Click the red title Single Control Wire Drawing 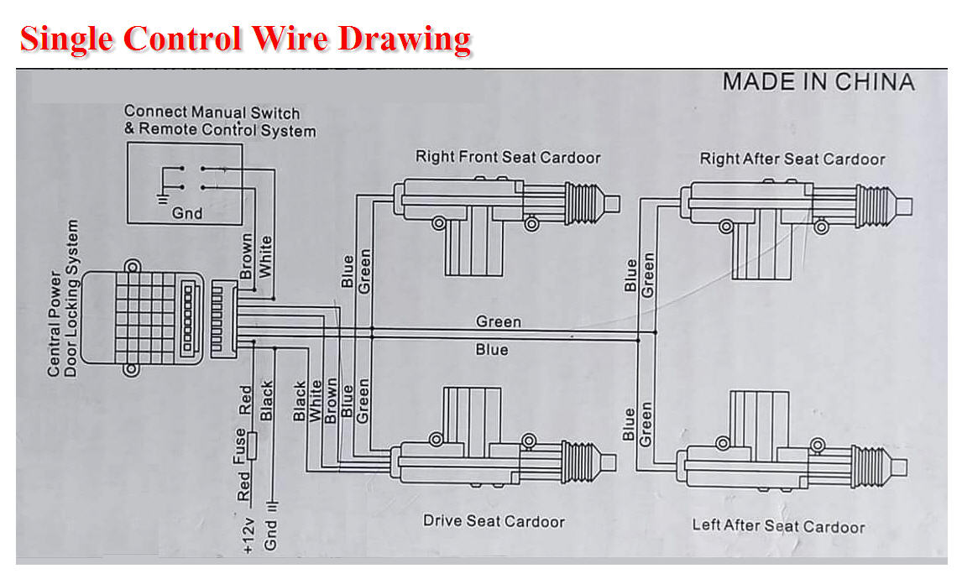(x=244, y=39)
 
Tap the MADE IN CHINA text (x=818, y=82)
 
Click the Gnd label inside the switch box (x=186, y=213)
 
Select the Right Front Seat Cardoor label (x=508, y=157)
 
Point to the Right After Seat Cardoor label (x=792, y=159)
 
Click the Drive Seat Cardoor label (x=494, y=521)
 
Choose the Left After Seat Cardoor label (x=777, y=526)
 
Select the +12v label (x=246, y=535)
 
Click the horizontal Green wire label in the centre (x=498, y=321)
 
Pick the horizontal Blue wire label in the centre (x=492, y=349)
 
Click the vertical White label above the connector (x=265, y=256)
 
